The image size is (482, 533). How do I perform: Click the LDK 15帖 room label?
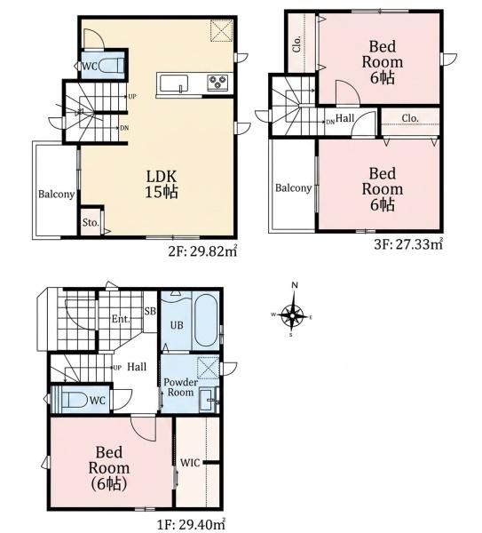tap(162, 184)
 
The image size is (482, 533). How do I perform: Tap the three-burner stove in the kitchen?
tap(217, 83)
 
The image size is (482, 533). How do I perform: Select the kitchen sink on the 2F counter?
tap(174, 84)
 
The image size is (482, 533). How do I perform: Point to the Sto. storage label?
tap(91, 223)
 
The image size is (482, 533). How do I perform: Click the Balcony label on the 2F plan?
tap(57, 194)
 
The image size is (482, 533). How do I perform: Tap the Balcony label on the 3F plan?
tap(294, 188)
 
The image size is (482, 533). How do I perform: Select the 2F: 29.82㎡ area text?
tap(202, 251)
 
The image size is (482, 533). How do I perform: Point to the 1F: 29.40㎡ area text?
tap(191, 524)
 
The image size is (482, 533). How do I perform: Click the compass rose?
tap(292, 315)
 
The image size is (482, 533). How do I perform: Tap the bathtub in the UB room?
tap(205, 321)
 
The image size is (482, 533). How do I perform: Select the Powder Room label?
tap(180, 387)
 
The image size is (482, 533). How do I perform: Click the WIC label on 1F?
tap(190, 462)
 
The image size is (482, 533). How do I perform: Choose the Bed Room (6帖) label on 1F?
tap(109, 468)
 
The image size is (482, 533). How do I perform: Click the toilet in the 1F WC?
tap(75, 400)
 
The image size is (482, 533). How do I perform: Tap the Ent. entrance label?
tap(121, 319)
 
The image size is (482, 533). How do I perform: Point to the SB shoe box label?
tap(150, 311)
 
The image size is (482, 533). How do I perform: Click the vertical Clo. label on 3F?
tap(296, 44)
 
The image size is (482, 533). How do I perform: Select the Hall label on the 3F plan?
tap(344, 118)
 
